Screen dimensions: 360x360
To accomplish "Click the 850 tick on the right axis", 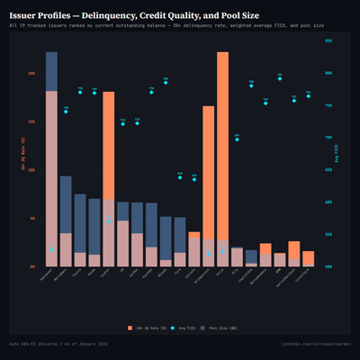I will [x=328, y=40].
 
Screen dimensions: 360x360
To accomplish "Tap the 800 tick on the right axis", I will [x=328, y=73].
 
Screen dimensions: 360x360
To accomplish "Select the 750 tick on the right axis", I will [x=328, y=105].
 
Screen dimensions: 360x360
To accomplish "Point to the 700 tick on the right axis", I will [x=328, y=138].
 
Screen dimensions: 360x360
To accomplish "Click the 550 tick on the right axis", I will [x=328, y=235].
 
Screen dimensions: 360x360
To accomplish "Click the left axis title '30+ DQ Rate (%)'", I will [x=22, y=153].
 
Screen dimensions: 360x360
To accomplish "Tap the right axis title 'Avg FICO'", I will [x=339, y=153].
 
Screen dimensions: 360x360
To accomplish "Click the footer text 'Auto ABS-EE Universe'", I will [x=45, y=345].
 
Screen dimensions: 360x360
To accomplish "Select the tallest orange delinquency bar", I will [x=222, y=158].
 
